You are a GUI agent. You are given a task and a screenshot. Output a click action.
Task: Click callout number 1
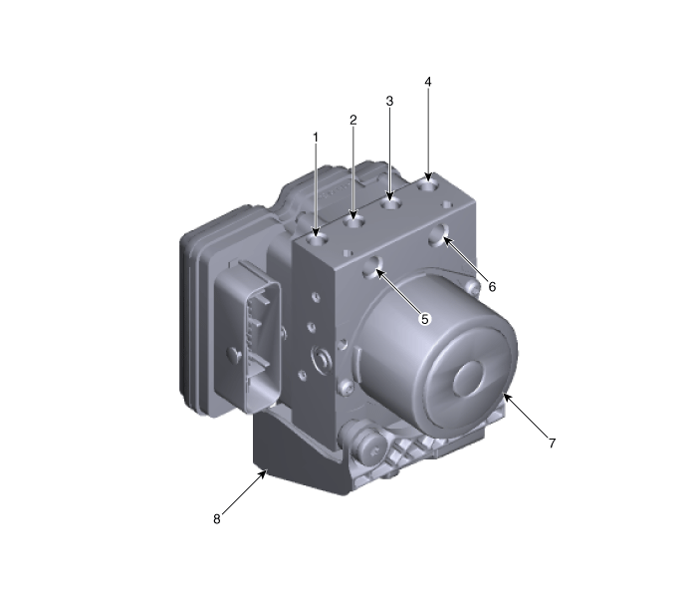(x=316, y=136)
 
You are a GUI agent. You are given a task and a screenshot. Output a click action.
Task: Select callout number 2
(x=352, y=120)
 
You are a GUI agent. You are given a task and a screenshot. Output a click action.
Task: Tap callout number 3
(x=389, y=102)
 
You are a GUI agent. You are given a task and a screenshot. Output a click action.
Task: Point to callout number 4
(x=428, y=81)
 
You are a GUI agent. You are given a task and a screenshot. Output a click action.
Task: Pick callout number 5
(x=424, y=319)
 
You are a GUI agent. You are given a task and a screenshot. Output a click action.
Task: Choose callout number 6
(x=492, y=286)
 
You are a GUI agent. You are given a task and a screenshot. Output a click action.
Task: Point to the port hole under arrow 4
(x=429, y=181)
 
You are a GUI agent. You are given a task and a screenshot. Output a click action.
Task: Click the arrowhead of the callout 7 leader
(x=506, y=395)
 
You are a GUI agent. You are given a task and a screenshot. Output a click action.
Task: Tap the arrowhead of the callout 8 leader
(x=267, y=470)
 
